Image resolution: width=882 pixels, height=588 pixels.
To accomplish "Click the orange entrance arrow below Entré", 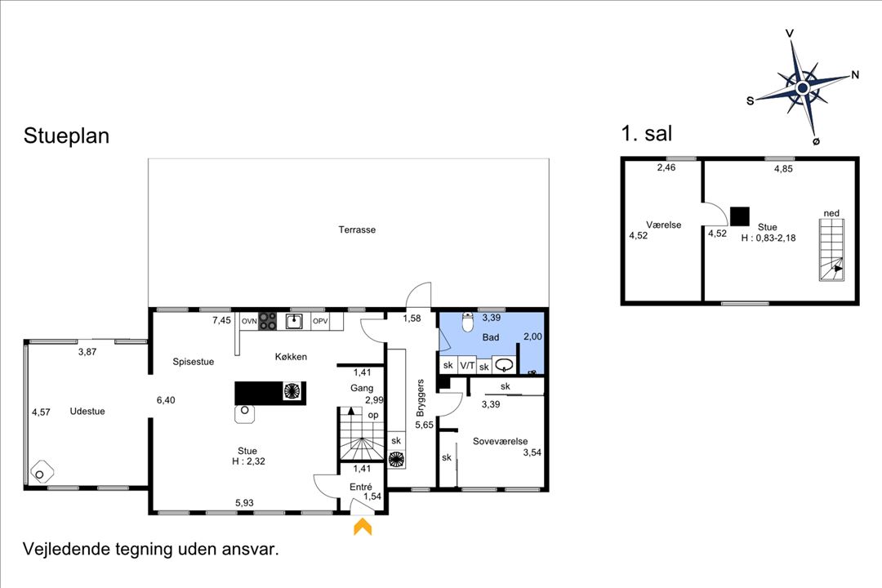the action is coord(363,527).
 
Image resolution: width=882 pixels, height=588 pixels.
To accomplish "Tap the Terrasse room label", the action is coord(357,229).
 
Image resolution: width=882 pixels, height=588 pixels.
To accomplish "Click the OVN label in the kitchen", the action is coord(249,321).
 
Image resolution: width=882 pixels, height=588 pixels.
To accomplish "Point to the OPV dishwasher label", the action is coord(320,321).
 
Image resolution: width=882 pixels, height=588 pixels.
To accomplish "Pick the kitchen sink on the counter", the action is coord(294,321).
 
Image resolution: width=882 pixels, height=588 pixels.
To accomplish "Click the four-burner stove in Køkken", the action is coord(267,321).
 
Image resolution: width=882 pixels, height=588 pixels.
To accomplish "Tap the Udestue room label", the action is coord(87,412).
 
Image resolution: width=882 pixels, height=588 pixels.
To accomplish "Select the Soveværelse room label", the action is coord(500,441).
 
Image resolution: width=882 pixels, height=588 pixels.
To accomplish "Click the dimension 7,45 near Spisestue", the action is coord(221,320).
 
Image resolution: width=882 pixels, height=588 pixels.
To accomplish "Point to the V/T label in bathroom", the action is coord(467,365).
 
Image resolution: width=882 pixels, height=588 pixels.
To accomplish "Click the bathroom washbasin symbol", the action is coord(503,364).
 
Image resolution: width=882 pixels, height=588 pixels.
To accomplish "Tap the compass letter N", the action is coord(855,74).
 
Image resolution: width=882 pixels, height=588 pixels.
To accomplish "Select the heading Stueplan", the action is coord(66,136).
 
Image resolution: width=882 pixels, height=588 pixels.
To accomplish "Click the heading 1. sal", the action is coord(647,133).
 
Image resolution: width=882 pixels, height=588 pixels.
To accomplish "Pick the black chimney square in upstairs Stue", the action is coord(740,216).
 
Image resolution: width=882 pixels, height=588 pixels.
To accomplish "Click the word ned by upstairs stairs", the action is coord(831,213).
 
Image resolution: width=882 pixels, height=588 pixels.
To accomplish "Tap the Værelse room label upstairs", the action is coord(664,225).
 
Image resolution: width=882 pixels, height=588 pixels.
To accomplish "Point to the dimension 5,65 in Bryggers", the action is coord(424,425).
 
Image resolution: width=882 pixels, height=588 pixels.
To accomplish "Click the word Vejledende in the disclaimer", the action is coord(66,549).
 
